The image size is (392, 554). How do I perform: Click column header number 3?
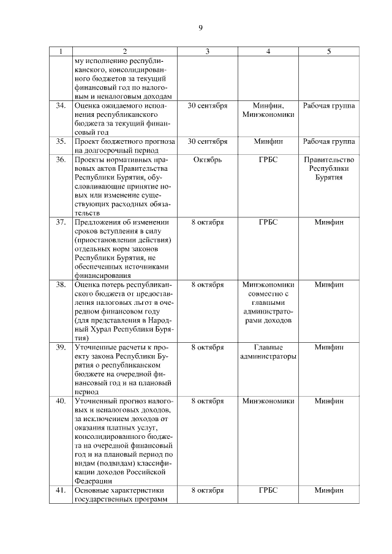207,51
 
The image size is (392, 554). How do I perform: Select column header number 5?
329,51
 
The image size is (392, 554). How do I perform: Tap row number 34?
61,106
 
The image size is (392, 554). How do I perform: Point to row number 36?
61,160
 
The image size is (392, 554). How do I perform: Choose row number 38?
61,285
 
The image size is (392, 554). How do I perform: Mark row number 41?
61,490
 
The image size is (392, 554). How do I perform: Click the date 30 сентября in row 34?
207,106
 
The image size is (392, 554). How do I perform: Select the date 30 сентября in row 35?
207,141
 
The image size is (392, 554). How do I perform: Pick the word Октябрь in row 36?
207,160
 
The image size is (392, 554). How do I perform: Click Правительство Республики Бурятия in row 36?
329,168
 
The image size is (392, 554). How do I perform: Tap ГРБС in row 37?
268,222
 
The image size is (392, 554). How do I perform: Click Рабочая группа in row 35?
329,141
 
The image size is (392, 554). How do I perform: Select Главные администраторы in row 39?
268,351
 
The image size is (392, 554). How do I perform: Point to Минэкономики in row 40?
268,401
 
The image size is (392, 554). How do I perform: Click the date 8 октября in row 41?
207,490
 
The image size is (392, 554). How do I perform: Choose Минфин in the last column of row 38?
329,285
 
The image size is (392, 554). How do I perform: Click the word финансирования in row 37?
102,275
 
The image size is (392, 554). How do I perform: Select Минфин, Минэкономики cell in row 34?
268,110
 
